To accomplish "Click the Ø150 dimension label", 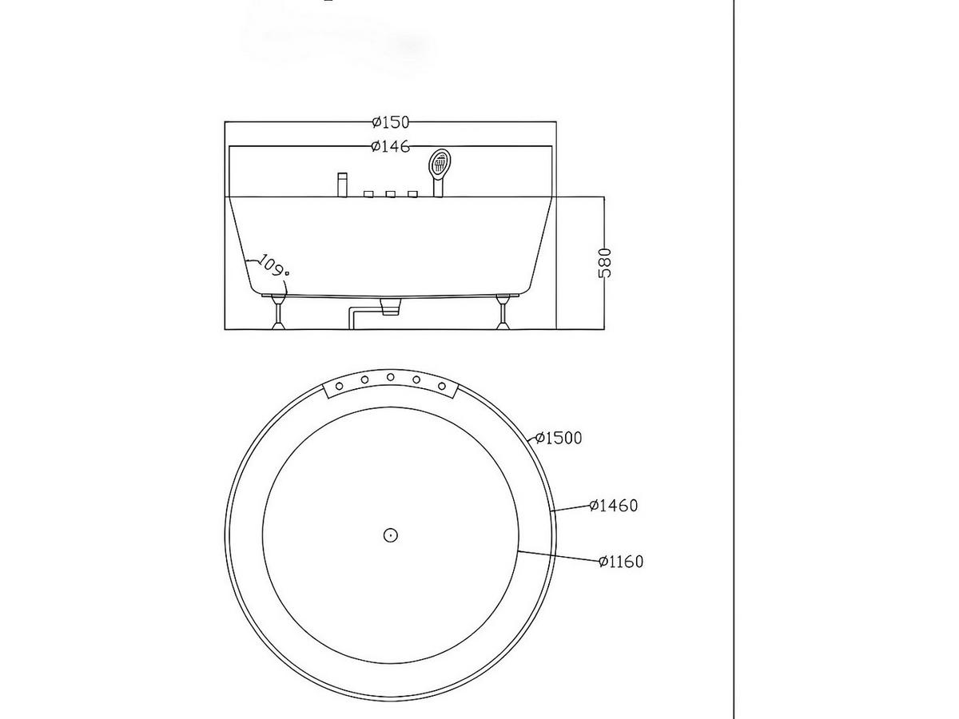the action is click(390, 122).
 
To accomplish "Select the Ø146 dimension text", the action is click(390, 146).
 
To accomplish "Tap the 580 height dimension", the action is click(604, 263).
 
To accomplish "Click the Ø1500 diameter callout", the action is click(559, 438).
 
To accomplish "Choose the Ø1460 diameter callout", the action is click(614, 506).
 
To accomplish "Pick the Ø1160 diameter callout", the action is click(621, 562).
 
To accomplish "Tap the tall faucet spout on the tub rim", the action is click(342, 185).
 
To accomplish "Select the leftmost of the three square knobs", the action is click(368, 194).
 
